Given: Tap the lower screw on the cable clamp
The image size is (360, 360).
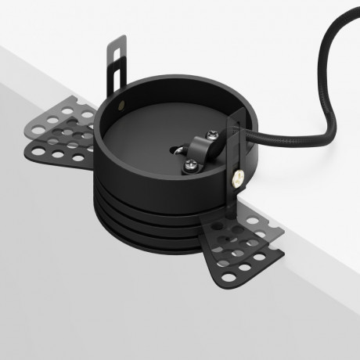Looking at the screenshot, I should [x=190, y=164].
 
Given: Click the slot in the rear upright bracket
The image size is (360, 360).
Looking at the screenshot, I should [x=118, y=66].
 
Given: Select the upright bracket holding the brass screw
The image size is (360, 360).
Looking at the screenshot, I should [x=234, y=157].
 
